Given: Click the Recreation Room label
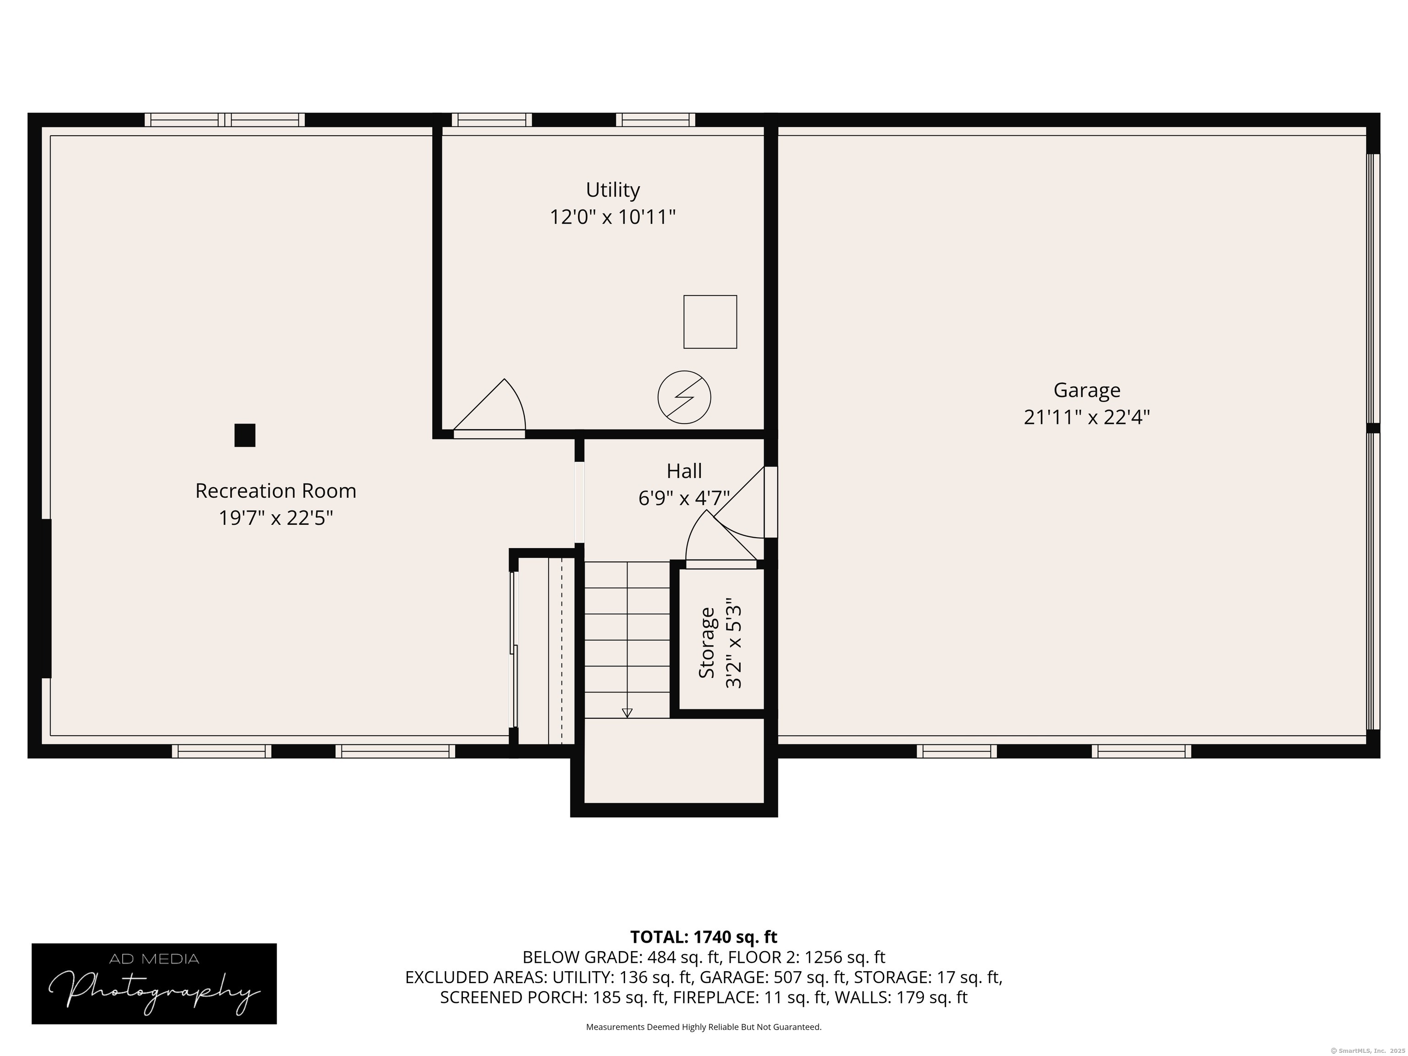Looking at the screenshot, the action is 275,491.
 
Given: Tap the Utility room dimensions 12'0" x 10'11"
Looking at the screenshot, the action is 612,217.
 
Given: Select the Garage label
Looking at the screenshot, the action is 1087,390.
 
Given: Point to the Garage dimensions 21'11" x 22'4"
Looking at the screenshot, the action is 1087,418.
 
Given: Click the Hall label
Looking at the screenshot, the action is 684,471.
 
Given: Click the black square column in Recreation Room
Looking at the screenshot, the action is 245,435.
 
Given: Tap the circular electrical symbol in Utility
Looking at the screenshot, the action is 684,397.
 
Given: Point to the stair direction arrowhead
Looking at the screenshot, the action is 627,713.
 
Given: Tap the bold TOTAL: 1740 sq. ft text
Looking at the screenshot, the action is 704,937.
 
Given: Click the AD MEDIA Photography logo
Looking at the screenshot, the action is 154,984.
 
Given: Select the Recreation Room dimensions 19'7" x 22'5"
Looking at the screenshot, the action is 275,518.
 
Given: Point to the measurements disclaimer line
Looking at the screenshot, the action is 704,1027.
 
